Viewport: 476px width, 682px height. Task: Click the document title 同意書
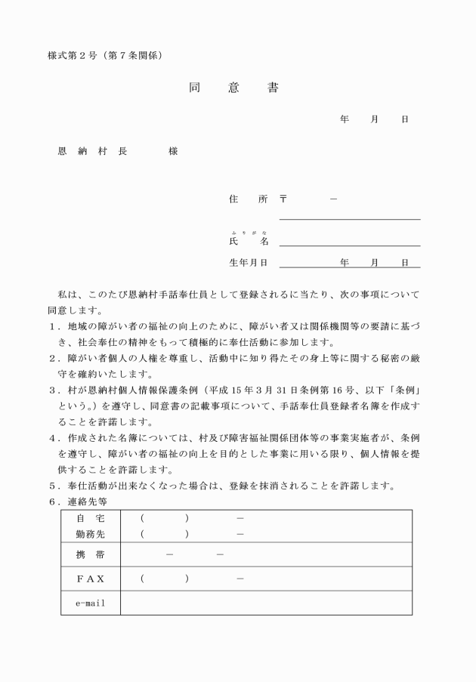pos(233,88)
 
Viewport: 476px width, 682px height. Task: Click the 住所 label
pos(248,199)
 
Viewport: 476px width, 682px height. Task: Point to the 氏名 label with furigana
pos(248,241)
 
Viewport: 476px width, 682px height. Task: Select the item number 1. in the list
pos(54,326)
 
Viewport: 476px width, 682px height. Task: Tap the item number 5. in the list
pos(54,485)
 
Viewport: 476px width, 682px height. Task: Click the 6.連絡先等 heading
pos(79,501)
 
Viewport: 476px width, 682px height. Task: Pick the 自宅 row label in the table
pos(90,518)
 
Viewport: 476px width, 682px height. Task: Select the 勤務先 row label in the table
pos(90,534)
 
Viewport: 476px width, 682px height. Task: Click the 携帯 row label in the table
pos(90,556)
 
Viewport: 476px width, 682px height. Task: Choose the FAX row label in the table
pos(90,579)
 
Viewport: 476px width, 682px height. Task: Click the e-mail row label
pos(90,603)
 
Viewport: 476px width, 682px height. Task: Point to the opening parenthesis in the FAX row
pos(142,579)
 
